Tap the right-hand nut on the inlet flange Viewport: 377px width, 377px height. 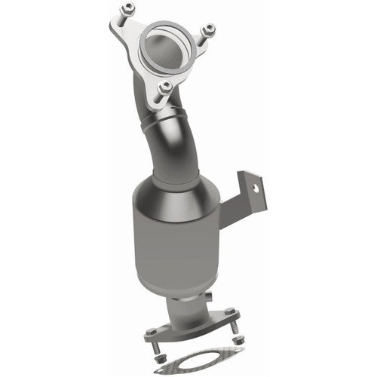coord(209,29)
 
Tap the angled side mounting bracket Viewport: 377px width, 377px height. coord(245,196)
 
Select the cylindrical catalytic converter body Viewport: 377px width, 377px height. coord(179,249)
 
